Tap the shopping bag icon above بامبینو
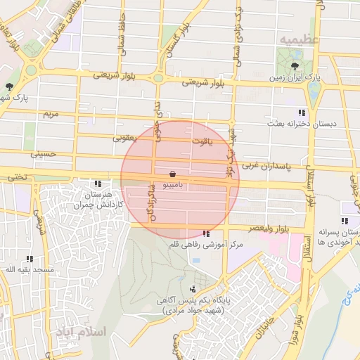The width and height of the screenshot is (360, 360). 173,173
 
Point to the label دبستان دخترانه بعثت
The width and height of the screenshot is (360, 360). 301,124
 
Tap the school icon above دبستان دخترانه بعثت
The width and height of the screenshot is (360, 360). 301,112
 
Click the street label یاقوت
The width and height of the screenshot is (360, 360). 200,141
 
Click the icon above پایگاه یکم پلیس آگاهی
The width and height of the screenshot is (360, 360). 193,288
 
